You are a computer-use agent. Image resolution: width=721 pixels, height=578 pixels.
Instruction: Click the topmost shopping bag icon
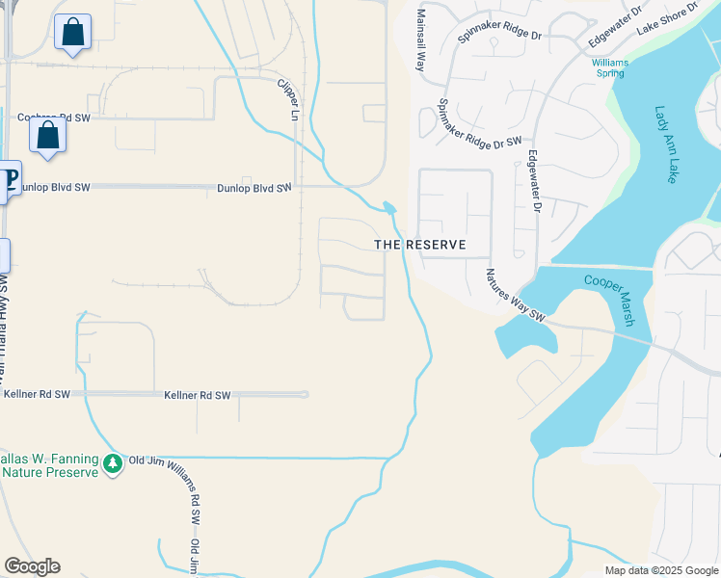[x=72, y=34]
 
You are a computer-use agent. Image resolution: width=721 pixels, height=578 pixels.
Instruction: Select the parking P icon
[x=8, y=180]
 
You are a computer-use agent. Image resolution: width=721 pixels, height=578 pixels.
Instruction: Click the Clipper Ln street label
[x=288, y=100]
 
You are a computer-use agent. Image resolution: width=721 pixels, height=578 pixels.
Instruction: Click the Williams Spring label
[x=609, y=68]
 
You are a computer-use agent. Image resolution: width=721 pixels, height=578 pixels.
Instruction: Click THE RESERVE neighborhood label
[x=420, y=245]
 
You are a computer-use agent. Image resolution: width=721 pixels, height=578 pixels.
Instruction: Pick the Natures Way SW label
[x=516, y=294]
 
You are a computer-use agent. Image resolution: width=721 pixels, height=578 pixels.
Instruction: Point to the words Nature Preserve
[x=50, y=472]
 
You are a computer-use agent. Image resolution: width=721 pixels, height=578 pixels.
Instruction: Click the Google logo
[x=32, y=566]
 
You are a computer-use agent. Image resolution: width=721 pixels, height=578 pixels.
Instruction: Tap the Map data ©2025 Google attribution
[x=660, y=570]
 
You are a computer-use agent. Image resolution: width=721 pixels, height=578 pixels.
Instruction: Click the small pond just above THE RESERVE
[x=388, y=207]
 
